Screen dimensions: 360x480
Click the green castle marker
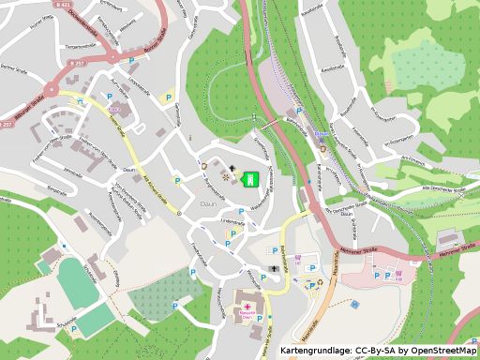[249, 178]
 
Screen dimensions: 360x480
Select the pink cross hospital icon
[247, 307]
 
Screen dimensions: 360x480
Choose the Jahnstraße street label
[72, 172]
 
